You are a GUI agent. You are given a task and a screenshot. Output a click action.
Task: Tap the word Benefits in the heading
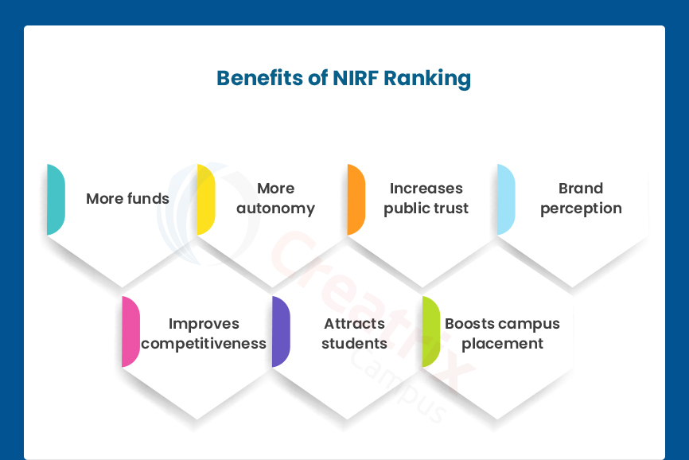pos(259,78)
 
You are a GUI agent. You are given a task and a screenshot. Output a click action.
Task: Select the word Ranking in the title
pos(427,79)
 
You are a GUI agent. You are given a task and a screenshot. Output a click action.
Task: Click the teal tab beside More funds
pos(56,200)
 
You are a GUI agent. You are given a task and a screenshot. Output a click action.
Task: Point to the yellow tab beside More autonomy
pos(206,200)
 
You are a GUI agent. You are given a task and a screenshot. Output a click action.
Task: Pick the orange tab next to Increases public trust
pos(356,200)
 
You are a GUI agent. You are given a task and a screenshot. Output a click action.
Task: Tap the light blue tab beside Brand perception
pos(506,200)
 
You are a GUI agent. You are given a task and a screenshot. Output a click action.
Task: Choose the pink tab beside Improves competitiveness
pos(131,332)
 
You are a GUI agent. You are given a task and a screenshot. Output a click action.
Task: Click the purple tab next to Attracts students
pos(281,332)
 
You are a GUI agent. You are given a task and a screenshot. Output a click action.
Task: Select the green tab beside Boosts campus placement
pos(431,332)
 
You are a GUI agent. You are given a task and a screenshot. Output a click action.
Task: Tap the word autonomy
pos(275,209)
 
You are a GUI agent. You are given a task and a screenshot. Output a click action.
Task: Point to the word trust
pos(451,209)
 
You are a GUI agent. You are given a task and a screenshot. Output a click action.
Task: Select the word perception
pos(581,209)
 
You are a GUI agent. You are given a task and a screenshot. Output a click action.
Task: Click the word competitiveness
pos(204,344)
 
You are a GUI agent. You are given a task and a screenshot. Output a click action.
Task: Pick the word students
pos(354,343)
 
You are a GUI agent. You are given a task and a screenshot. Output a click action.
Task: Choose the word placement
pos(502,344)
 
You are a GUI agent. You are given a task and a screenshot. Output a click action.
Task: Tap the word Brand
pos(581,189)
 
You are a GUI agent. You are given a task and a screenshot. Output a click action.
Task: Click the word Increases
pos(426,189)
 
